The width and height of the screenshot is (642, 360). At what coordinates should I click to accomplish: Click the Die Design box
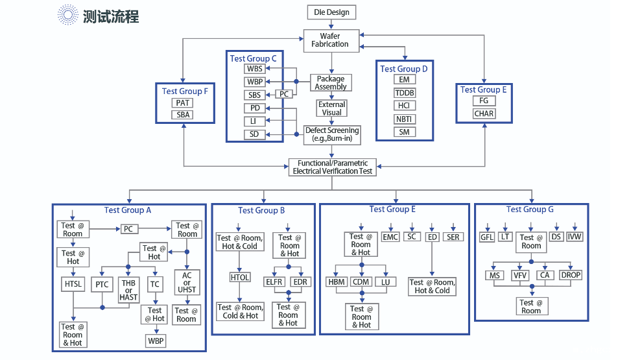coord(331,12)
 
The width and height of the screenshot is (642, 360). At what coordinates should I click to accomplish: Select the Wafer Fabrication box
coord(330,40)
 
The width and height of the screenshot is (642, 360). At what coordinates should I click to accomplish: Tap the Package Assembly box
coord(331,82)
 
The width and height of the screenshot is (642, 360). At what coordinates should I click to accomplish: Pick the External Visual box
coord(331,108)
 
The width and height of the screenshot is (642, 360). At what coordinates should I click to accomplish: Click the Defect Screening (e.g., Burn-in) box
coord(331,134)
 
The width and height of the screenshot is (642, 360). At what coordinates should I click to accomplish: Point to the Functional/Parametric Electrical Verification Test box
coord(333,167)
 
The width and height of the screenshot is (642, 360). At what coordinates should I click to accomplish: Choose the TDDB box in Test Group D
coord(405,93)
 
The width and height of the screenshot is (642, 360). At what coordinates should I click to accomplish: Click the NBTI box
coord(405,119)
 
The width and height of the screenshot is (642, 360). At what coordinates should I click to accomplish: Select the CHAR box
coord(484,114)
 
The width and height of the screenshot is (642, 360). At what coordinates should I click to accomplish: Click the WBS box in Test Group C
coord(254,69)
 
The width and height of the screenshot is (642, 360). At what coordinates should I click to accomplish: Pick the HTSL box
coord(72,283)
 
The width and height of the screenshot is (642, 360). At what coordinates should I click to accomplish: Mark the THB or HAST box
coord(128,289)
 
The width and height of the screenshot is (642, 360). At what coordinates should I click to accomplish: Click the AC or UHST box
coord(187,282)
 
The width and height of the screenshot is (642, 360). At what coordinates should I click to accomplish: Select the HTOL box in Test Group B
coord(240,278)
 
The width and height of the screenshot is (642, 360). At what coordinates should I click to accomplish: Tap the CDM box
coord(361,282)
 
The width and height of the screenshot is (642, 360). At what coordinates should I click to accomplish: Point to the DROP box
coord(571,275)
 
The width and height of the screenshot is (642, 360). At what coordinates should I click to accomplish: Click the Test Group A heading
coord(128,210)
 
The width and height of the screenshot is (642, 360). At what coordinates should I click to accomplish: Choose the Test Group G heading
coord(530,210)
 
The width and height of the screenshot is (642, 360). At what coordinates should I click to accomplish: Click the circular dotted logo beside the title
coord(67,15)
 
